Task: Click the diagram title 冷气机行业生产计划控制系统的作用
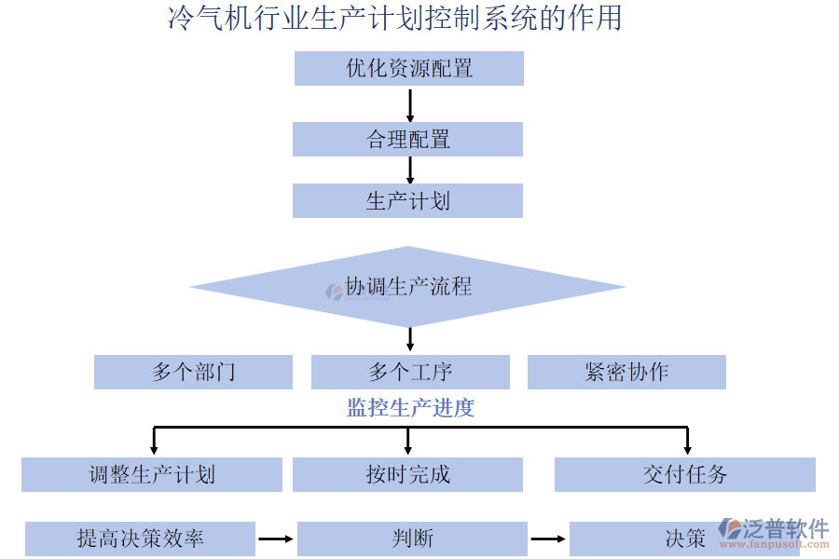(394, 19)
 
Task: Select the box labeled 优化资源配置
(408, 68)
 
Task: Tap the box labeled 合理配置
(407, 140)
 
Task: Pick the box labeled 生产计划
(407, 201)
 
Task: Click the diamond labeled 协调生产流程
(407, 287)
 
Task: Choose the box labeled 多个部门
(193, 373)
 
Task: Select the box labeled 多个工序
(410, 373)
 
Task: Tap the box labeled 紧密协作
(626, 373)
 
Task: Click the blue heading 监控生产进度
(410, 408)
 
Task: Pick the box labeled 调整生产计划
(152, 474)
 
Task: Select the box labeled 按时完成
(407, 474)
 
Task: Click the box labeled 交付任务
(684, 474)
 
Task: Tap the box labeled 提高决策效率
(140, 539)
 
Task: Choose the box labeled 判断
(412, 539)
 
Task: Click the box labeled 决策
(653, 539)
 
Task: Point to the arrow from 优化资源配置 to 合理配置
(410, 104)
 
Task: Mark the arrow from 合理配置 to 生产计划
(410, 170)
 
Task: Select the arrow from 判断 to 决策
(548, 539)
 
